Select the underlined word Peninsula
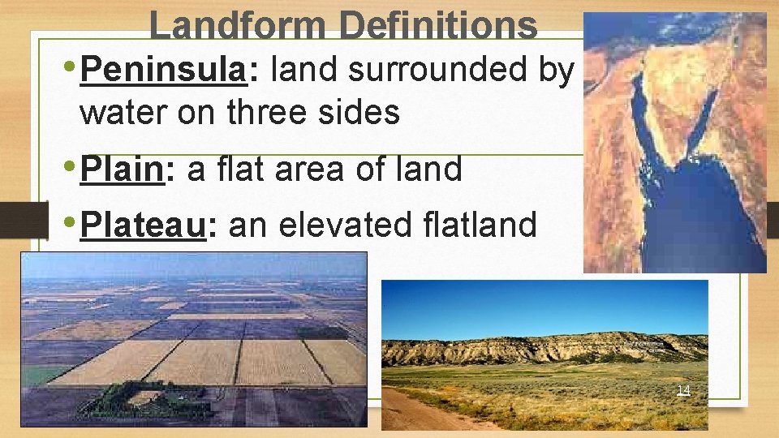163,71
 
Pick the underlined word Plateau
144,224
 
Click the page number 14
683,391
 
